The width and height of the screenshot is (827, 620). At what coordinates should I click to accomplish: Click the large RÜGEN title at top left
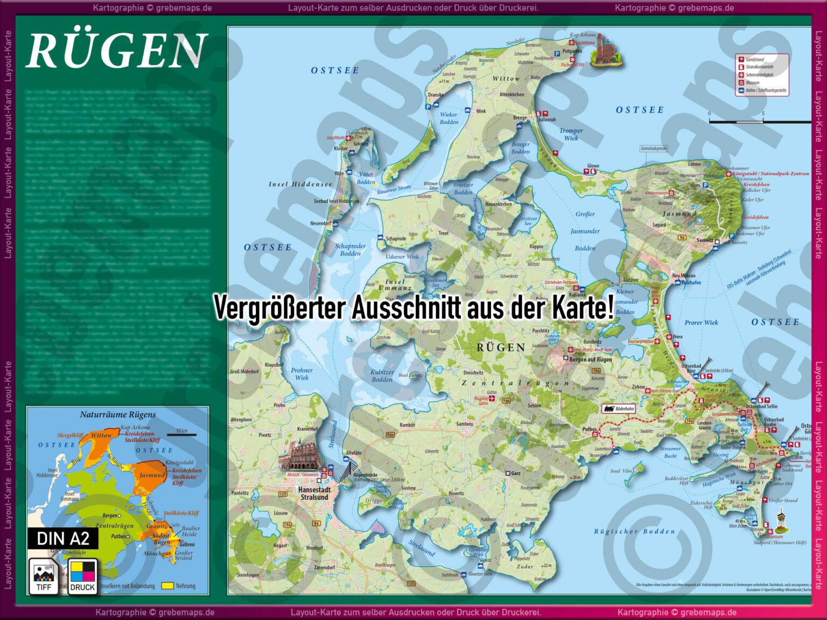116,51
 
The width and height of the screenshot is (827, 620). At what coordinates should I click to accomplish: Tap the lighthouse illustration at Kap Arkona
605,51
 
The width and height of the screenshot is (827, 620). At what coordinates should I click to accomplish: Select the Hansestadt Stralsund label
314,494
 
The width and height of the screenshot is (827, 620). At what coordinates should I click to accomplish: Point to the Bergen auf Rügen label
590,360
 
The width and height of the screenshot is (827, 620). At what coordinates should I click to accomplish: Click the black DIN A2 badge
63,538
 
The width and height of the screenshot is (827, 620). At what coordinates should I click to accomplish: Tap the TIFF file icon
44,576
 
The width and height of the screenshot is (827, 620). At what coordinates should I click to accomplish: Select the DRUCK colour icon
82,576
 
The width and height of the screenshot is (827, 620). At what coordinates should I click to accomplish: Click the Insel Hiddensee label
300,184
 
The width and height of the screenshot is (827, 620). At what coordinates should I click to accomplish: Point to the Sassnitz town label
704,241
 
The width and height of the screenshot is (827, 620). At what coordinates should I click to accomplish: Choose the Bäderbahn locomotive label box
619,409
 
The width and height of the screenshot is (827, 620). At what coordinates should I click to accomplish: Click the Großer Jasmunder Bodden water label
585,231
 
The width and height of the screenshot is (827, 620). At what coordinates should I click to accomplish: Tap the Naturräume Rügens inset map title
118,414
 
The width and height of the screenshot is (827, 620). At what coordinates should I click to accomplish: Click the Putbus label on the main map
590,429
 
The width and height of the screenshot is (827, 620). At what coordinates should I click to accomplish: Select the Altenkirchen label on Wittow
511,95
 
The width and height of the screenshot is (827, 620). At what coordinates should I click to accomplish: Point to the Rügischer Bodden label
634,532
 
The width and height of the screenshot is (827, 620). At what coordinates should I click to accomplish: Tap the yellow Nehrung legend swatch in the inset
167,586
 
